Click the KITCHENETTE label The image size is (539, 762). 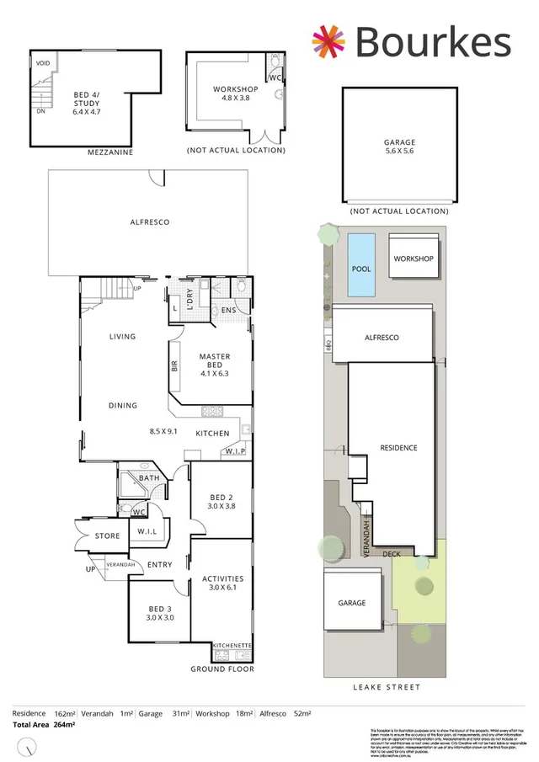232,646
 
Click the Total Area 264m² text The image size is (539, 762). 44,724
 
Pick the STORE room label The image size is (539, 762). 107,535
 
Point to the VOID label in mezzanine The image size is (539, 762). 42,63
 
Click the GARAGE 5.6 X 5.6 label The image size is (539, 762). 398,148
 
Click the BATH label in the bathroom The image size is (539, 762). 149,478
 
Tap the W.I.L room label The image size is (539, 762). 147,531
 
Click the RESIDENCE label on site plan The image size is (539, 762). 398,448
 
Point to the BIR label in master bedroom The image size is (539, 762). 174,368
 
